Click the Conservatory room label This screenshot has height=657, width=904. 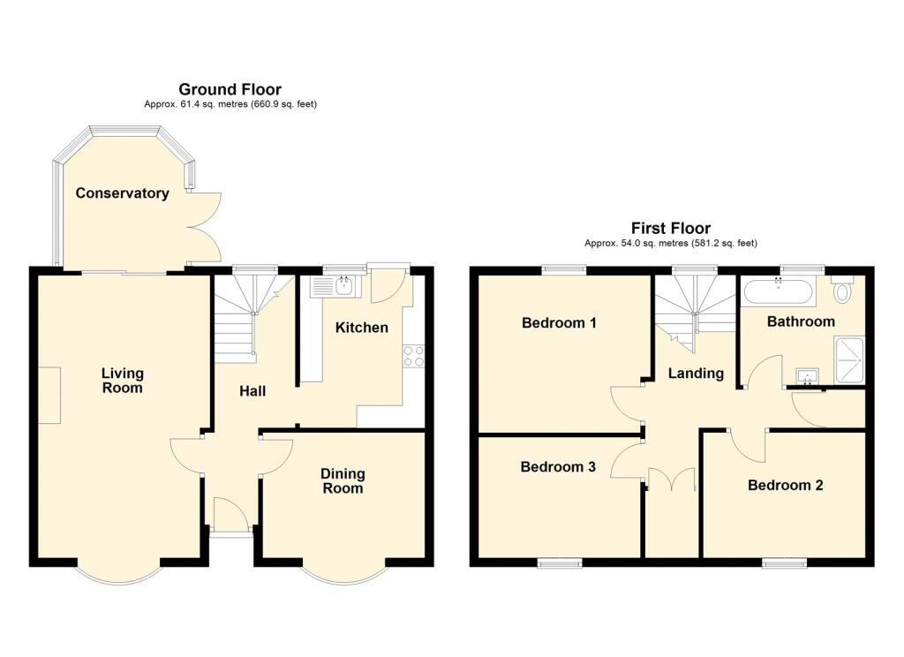[x=122, y=193]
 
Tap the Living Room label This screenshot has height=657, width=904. [x=122, y=381]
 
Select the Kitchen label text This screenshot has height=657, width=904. [x=361, y=328]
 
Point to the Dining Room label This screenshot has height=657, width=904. [x=343, y=481]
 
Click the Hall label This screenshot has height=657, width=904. [x=252, y=390]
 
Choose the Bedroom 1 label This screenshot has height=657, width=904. [x=559, y=323]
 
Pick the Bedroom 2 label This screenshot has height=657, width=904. [x=785, y=485]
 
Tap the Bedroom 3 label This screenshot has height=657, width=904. [x=557, y=467]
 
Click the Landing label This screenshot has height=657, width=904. [x=695, y=374]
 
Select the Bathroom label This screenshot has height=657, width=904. [x=800, y=321]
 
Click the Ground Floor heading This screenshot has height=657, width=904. [x=230, y=89]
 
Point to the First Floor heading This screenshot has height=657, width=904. [x=670, y=229]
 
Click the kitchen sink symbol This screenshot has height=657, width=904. [x=332, y=284]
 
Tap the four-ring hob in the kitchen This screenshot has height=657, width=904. [x=414, y=355]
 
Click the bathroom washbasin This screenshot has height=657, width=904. [x=807, y=377]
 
